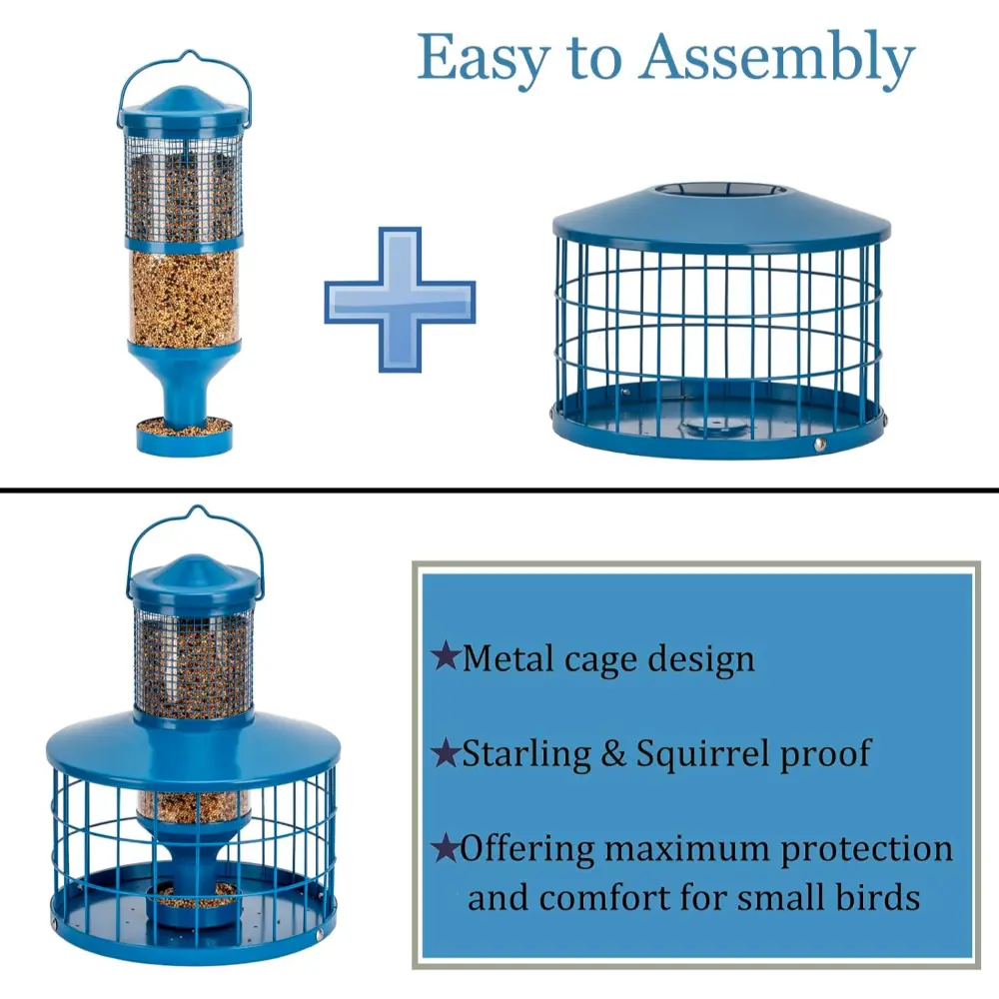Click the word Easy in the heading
(484, 59)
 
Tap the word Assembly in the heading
(777, 59)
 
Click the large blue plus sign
(401, 300)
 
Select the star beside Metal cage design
(446, 656)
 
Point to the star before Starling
(446, 752)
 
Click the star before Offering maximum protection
(446, 848)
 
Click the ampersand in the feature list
(613, 753)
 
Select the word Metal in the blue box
(509, 657)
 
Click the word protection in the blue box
(866, 850)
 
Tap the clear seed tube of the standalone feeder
(184, 297)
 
